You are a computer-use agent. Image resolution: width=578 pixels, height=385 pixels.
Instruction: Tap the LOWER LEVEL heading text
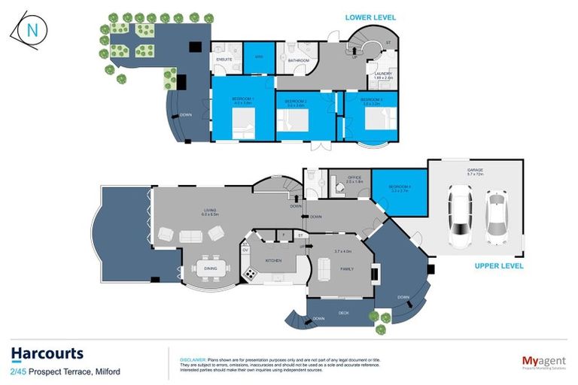pyautogui.click(x=370, y=17)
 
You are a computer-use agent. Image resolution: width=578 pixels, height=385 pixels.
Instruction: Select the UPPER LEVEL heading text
pyautogui.click(x=498, y=265)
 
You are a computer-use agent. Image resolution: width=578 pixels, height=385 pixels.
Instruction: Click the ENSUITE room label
pyautogui.click(x=224, y=58)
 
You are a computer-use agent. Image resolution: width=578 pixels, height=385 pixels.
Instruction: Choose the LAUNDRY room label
pyautogui.click(x=384, y=74)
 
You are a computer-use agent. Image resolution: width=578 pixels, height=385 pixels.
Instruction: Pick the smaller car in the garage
pyautogui.click(x=497, y=218)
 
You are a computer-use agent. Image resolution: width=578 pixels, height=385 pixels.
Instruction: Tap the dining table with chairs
pyautogui.click(x=210, y=266)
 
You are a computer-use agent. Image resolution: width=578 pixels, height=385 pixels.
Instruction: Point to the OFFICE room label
pyautogui.click(x=354, y=177)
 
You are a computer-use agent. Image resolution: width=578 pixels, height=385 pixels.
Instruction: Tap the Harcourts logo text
pyautogui.click(x=47, y=353)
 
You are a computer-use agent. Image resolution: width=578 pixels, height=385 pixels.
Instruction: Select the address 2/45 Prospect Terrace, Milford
pyautogui.click(x=65, y=371)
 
